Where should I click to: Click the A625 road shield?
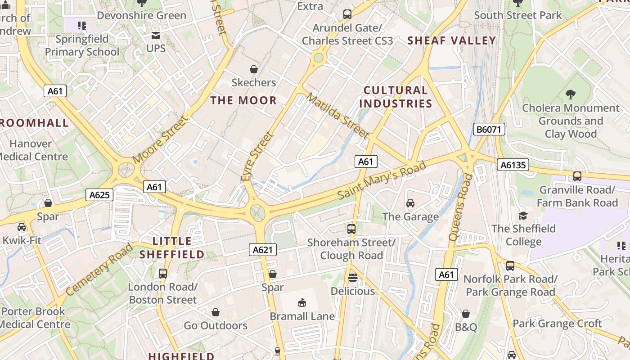(x=99, y=195)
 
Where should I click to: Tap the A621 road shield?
(x=263, y=250)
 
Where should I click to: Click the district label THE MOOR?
(x=244, y=100)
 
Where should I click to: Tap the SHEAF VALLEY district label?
(x=451, y=40)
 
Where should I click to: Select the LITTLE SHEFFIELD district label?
(x=172, y=248)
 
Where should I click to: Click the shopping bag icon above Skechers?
(x=254, y=69)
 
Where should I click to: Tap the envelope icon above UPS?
(x=156, y=36)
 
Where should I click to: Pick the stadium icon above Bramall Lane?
(x=302, y=303)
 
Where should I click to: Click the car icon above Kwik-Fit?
(x=22, y=227)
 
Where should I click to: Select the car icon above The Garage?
(x=410, y=203)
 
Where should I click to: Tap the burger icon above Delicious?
(x=353, y=278)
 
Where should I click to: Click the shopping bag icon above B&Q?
(x=466, y=314)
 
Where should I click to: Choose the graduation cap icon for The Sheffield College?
(x=523, y=216)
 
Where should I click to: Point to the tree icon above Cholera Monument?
(x=571, y=94)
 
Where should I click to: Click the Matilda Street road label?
(x=338, y=116)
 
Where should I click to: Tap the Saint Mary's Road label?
(x=382, y=180)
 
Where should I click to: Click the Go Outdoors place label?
(x=216, y=325)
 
